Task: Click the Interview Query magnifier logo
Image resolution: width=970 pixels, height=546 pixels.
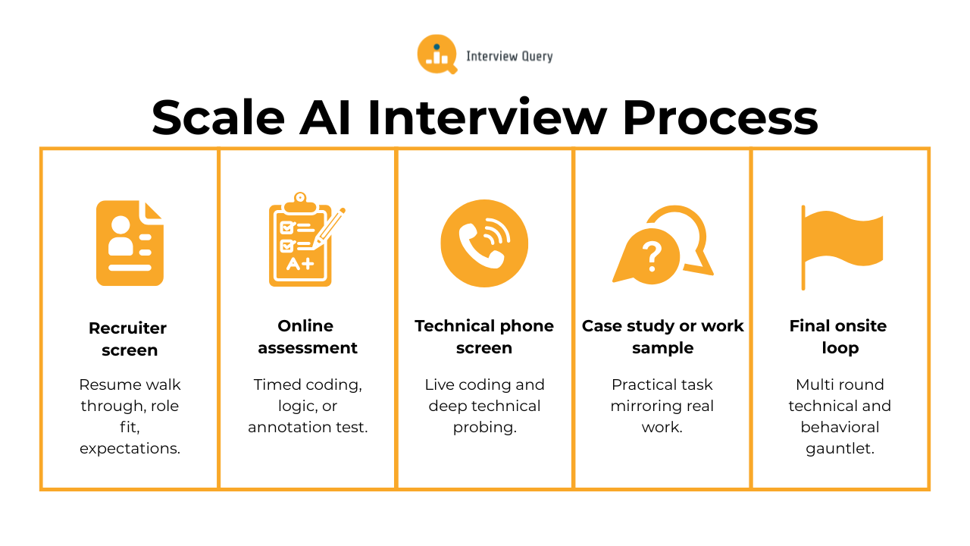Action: tap(436, 55)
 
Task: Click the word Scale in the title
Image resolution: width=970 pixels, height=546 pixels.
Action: tap(218, 118)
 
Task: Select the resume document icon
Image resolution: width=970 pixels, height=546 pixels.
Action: tap(130, 243)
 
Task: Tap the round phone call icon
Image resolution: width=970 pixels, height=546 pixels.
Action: tap(484, 243)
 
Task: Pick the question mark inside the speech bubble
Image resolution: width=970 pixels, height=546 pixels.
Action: tap(650, 256)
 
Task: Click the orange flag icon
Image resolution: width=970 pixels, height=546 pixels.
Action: tap(841, 243)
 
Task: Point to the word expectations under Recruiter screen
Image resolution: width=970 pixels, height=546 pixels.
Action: tap(129, 448)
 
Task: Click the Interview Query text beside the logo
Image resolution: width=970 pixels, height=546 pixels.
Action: tap(509, 56)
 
